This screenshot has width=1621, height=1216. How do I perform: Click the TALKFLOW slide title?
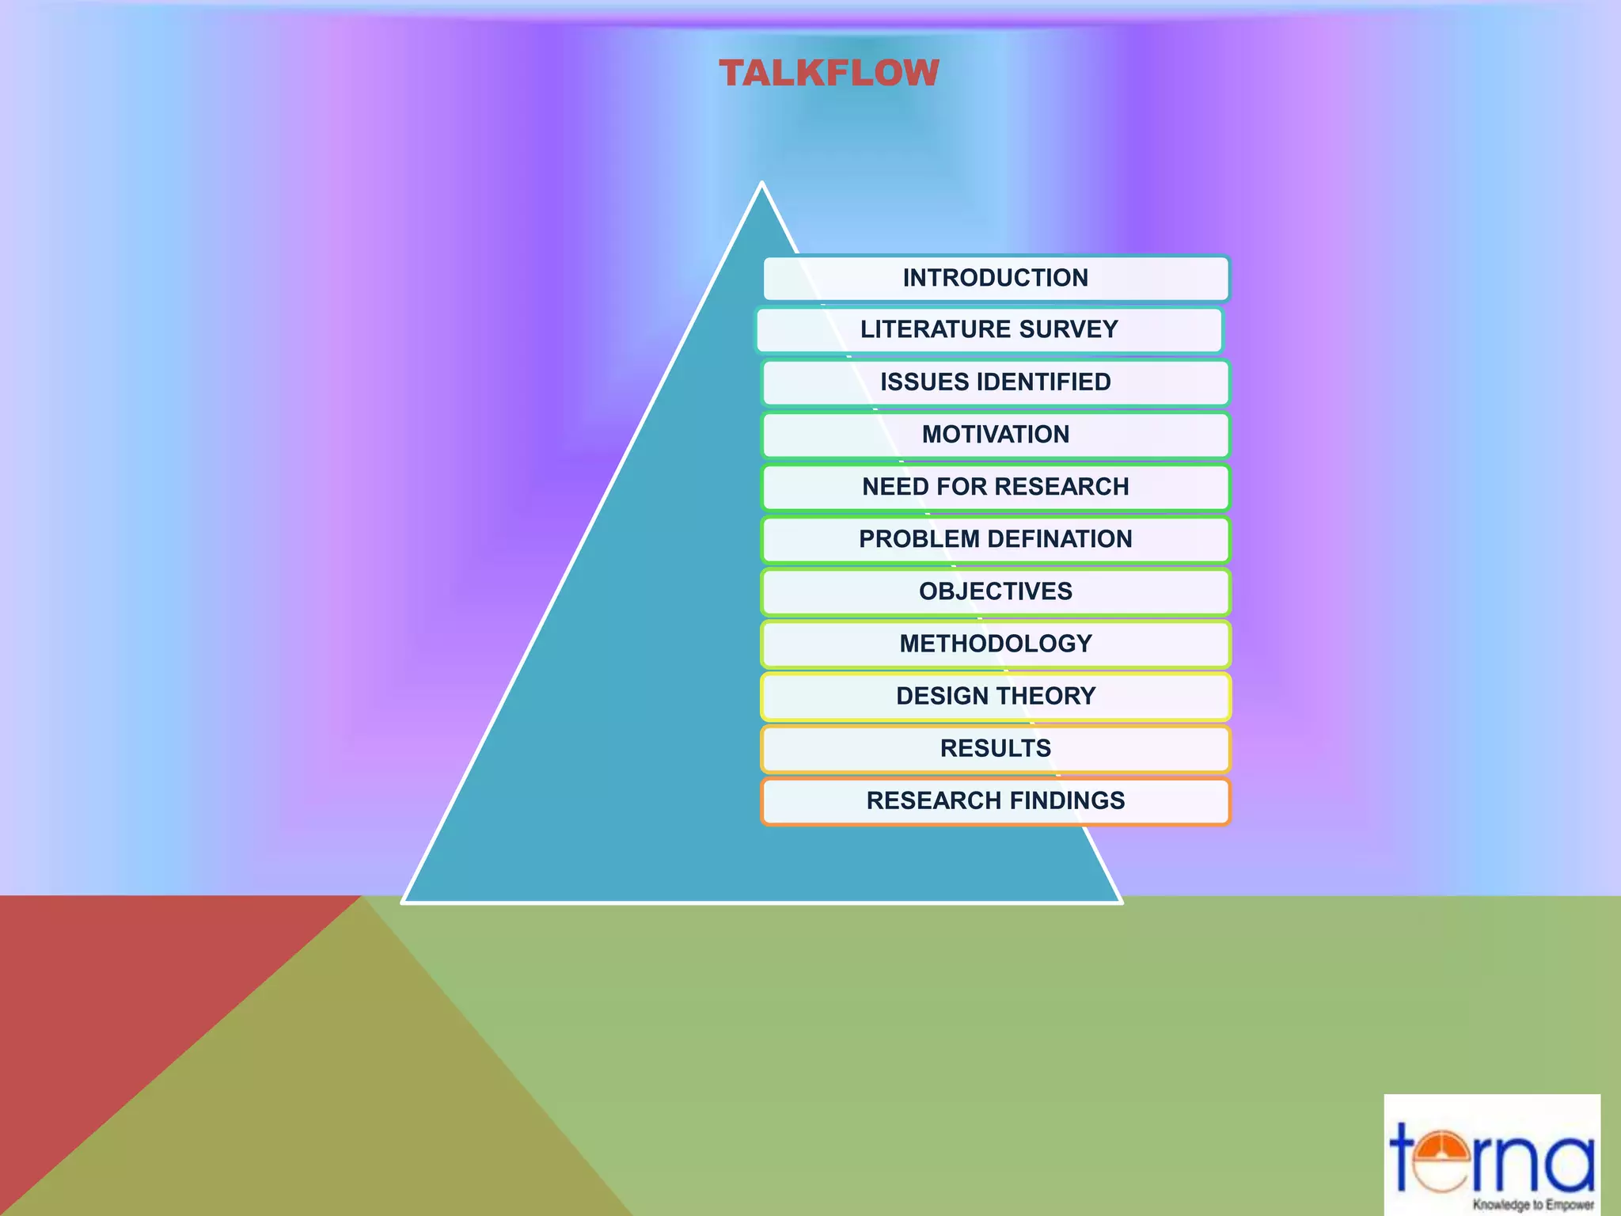click(x=829, y=74)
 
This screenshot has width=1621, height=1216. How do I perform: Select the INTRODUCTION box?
click(x=996, y=278)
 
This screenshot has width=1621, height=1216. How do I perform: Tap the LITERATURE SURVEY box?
click(x=989, y=329)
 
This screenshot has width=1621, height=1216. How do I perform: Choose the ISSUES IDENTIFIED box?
click(x=996, y=382)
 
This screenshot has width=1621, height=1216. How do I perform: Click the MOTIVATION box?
click(x=996, y=435)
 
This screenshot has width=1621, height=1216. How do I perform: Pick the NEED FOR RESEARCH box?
click(x=996, y=487)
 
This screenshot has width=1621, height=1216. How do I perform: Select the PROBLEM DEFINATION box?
click(x=996, y=539)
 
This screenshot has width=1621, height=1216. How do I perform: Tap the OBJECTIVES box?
click(x=996, y=591)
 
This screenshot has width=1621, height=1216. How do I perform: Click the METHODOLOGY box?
click(x=996, y=644)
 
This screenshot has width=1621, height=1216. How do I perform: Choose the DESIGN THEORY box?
click(x=996, y=696)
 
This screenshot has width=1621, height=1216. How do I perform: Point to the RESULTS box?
click(x=996, y=748)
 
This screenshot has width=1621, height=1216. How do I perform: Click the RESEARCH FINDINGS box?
click(x=996, y=800)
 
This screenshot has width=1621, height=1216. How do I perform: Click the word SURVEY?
click(x=1069, y=329)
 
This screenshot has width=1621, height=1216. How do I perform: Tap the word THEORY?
click(x=1046, y=696)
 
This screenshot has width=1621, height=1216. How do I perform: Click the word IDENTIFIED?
click(x=1044, y=382)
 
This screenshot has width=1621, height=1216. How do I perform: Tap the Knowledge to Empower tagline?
click(x=1532, y=1204)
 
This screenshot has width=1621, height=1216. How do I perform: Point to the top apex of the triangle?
click(x=761, y=184)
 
